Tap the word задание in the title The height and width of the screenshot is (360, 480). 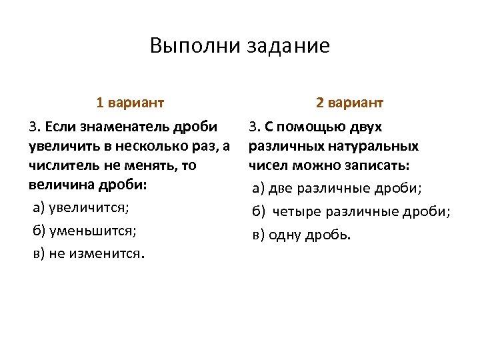pos(288,46)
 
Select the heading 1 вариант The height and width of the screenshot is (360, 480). pos(130,103)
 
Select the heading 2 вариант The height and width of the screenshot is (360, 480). pos(349,103)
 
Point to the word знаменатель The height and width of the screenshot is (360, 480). pos(125,127)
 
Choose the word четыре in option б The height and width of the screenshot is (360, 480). pos(297,212)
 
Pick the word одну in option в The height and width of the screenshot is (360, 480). pos(286,235)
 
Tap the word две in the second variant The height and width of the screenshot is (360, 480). pos(281,189)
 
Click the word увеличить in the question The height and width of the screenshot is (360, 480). pos(63,146)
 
